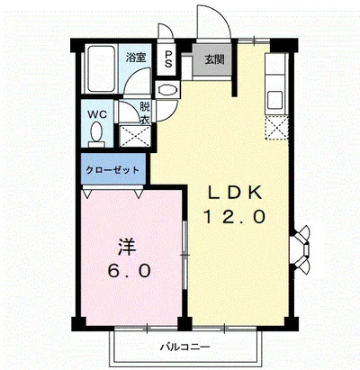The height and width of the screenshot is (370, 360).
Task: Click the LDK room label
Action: click(236, 192)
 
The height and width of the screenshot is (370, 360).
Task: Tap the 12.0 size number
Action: click(236, 216)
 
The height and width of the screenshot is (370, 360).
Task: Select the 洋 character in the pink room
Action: click(126, 245)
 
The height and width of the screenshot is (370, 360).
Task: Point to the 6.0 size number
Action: click(126, 269)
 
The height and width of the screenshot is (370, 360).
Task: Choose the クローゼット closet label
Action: click(112, 168)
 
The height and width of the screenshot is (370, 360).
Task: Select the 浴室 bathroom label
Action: click(136, 57)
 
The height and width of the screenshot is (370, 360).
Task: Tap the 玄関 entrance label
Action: click(212, 61)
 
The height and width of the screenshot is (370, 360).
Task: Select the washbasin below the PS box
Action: click(166, 91)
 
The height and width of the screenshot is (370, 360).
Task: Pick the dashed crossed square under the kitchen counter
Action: click(276, 128)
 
